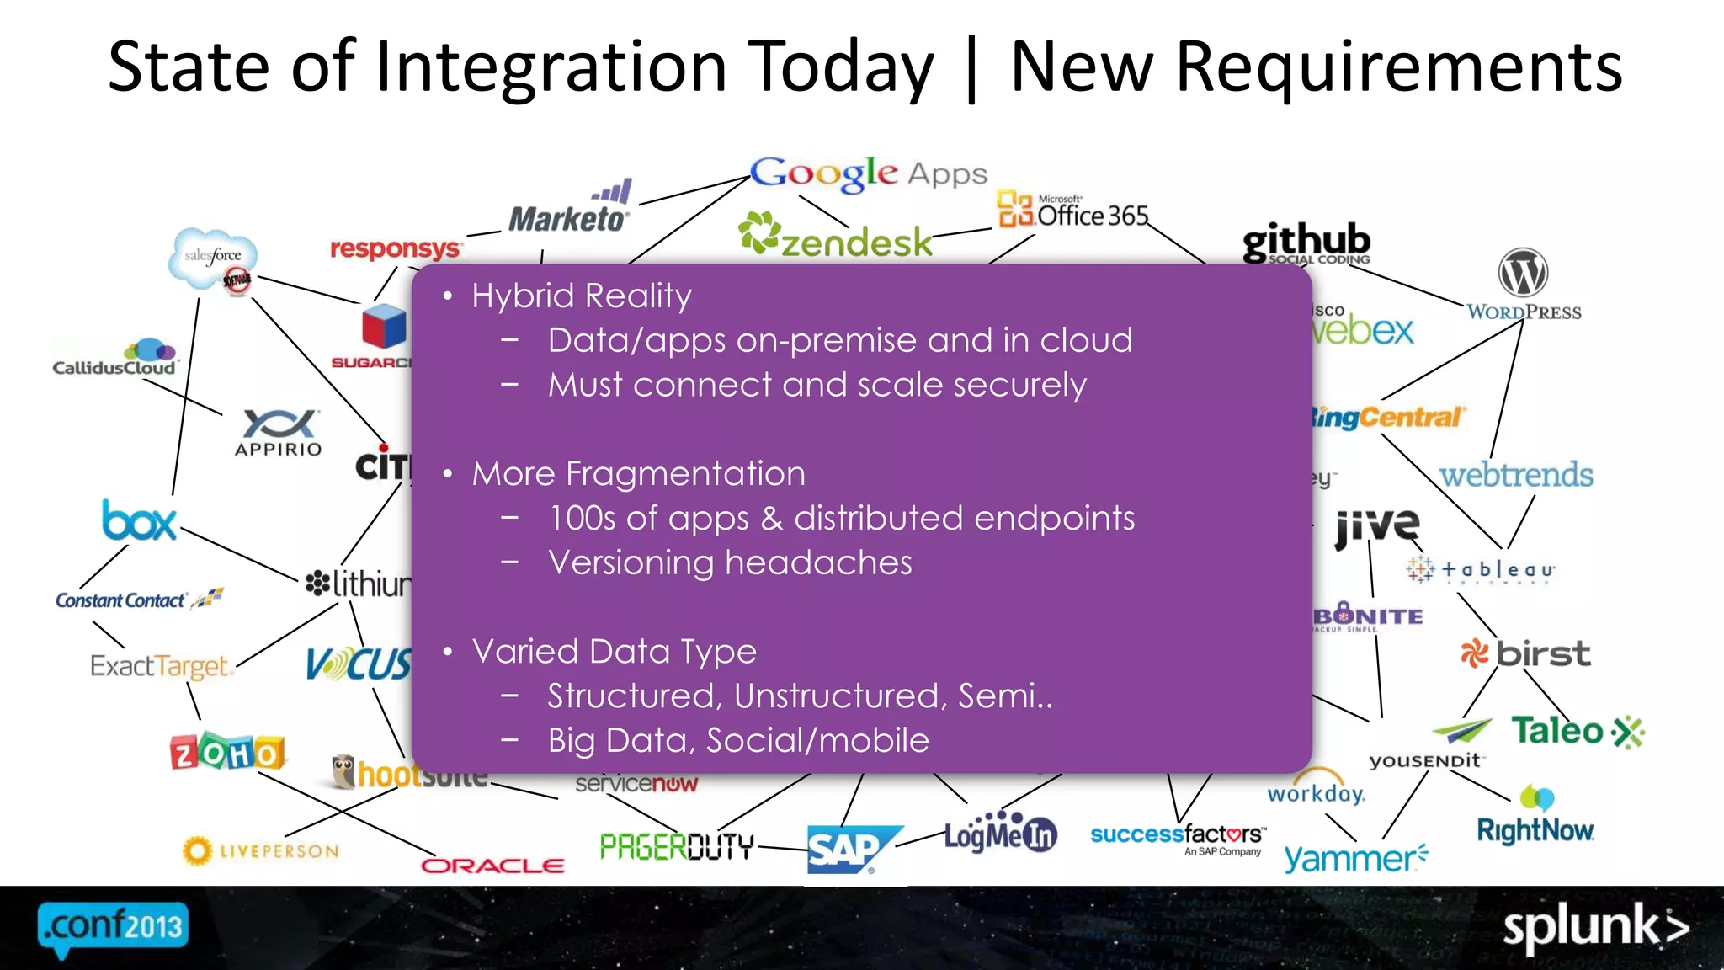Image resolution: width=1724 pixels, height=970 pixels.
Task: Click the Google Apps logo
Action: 867,173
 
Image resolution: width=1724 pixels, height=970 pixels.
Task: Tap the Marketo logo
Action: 569,211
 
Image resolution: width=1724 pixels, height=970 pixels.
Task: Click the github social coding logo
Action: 1306,243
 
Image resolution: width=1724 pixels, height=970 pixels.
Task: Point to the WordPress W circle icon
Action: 1523,273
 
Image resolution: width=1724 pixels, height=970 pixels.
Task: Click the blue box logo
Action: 139,521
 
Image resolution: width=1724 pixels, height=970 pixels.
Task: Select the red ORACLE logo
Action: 492,866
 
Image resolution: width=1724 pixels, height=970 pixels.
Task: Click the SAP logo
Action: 847,849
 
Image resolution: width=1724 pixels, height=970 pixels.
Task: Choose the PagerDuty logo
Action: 677,845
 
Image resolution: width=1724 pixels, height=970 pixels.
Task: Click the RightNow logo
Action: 1535,829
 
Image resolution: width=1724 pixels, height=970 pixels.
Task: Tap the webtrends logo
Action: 1515,475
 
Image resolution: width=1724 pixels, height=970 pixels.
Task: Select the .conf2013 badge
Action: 113,928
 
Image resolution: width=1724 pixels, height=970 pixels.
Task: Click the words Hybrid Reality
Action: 582,296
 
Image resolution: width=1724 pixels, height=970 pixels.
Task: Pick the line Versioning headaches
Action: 730,562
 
